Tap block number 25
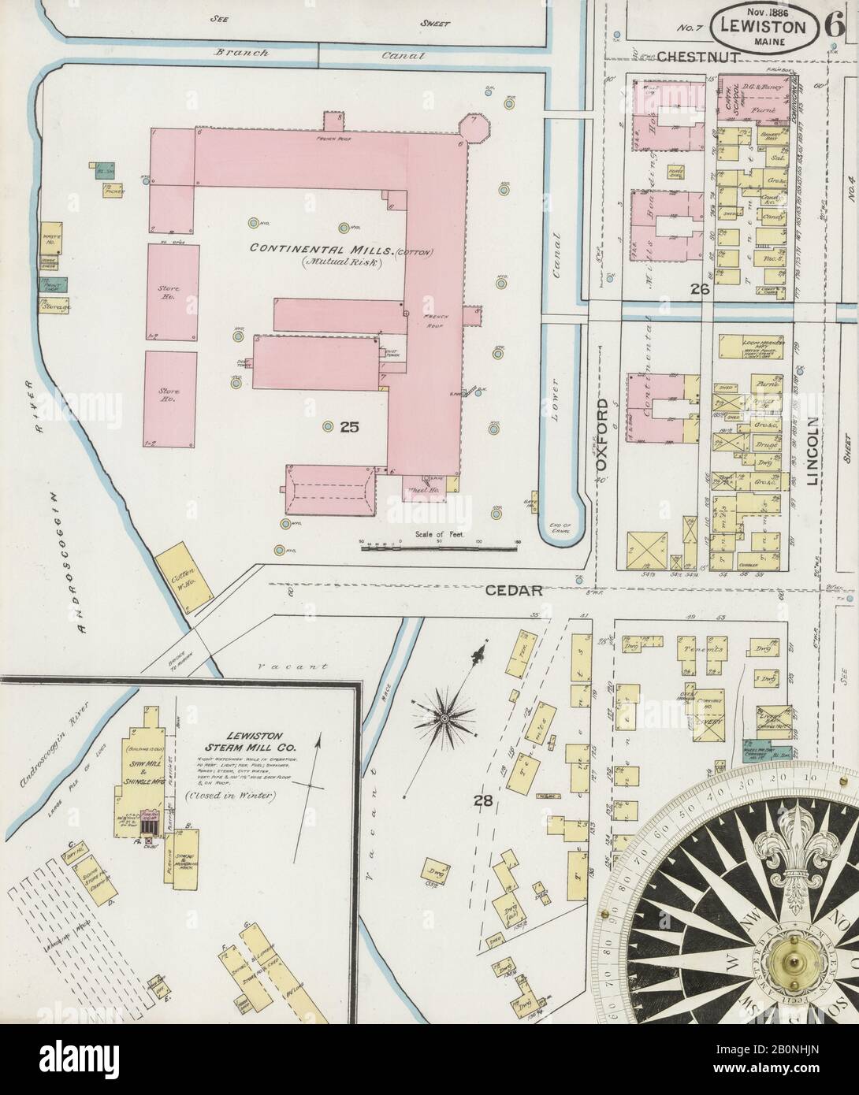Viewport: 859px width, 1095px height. click(350, 428)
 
